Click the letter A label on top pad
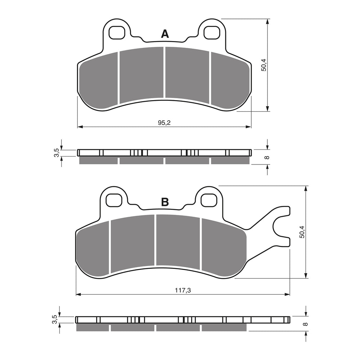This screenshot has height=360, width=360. [165, 34]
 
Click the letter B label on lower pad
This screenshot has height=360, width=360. [165, 202]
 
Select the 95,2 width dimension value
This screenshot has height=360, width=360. [164, 122]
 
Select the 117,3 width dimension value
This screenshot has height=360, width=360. [183, 290]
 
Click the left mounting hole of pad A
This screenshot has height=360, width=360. [116, 32]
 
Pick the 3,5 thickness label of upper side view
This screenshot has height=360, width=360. [56, 153]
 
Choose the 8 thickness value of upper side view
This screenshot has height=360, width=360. [267, 157]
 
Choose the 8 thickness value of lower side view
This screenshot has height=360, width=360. [305, 324]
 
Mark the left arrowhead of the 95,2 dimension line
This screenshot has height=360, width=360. [80, 127]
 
